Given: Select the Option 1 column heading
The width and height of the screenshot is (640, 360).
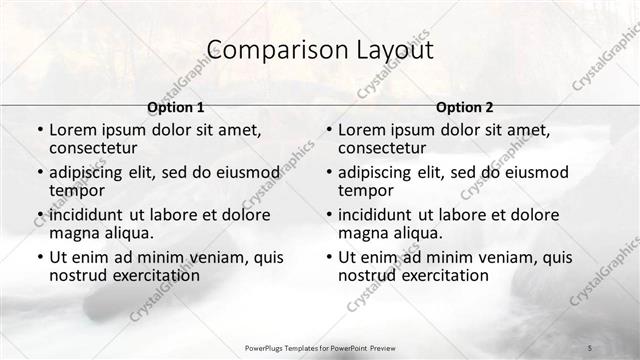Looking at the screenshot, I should (x=176, y=107).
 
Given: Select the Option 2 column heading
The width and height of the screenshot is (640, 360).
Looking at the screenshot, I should (x=464, y=107).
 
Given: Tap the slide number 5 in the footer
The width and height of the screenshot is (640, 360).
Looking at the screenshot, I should (x=589, y=347).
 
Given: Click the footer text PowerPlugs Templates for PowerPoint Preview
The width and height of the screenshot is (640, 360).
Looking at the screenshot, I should (x=319, y=347).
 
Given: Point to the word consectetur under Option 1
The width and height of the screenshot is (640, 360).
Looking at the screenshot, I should (x=96, y=148).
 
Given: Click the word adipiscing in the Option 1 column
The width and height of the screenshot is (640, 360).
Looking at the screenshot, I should (x=90, y=172).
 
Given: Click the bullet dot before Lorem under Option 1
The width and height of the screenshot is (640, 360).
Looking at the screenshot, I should (x=39, y=130).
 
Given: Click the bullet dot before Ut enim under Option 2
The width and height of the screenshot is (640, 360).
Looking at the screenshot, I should (x=328, y=257).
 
